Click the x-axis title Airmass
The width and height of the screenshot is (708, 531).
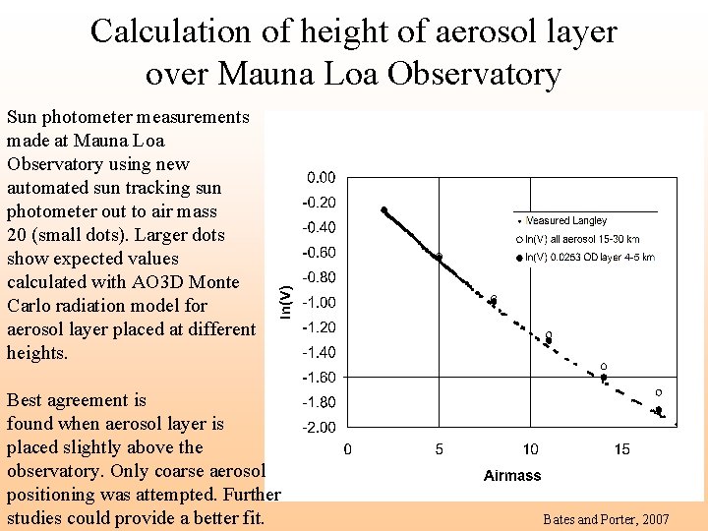[x=512, y=475]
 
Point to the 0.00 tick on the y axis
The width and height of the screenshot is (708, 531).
[x=321, y=178]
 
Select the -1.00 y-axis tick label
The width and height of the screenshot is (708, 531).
[x=319, y=303]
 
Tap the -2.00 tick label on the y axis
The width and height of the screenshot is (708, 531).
[x=319, y=428]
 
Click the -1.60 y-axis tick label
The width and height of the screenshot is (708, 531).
[x=319, y=378]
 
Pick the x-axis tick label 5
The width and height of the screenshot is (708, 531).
[x=439, y=449]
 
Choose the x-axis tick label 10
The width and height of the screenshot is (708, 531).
[x=530, y=449]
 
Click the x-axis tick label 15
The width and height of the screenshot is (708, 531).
[x=621, y=449]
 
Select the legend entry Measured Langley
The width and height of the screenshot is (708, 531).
[x=565, y=221]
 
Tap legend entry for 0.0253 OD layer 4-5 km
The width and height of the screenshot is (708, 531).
[x=589, y=257]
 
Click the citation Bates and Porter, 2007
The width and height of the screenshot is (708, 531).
[x=606, y=518]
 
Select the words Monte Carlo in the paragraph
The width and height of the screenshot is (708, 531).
[x=107, y=294]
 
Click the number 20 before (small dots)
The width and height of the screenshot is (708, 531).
[x=18, y=235]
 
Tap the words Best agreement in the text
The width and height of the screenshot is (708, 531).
[x=77, y=400]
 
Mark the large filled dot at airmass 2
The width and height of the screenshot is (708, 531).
[x=384, y=209]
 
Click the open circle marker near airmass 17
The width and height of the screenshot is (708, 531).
[x=659, y=392]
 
